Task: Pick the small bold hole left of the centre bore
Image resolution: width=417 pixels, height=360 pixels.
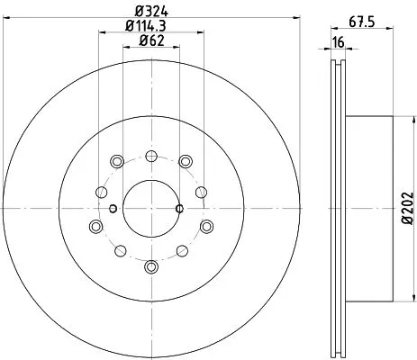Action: point(113,209)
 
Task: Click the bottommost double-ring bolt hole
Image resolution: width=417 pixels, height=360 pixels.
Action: point(150,265)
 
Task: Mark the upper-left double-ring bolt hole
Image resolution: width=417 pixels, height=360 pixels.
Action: point(116,161)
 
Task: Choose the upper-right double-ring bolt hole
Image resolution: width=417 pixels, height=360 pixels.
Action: point(185,161)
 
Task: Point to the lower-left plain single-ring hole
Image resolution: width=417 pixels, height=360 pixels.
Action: point(121,247)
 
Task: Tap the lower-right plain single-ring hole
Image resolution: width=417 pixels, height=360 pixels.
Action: point(181,247)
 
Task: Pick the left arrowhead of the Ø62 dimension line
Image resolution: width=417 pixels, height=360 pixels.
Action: point(124,51)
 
